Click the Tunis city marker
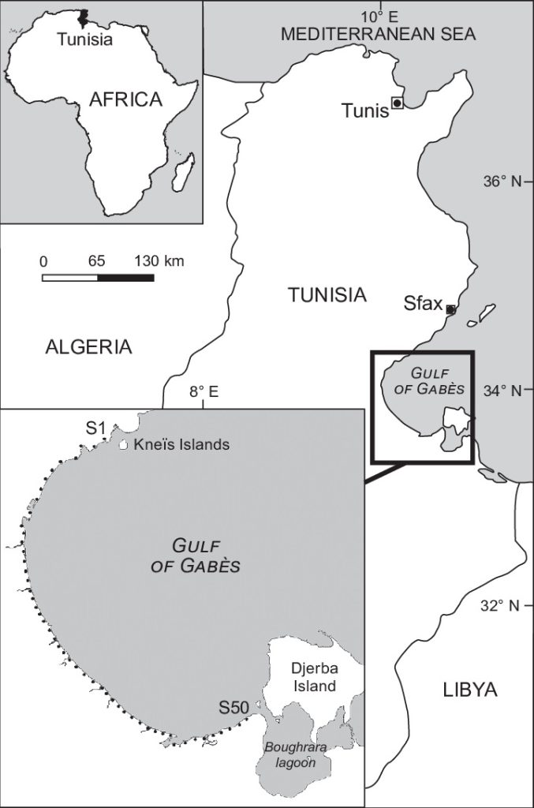click(397, 103)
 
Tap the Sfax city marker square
click(450, 309)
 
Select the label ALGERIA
click(88, 346)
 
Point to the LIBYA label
click(470, 690)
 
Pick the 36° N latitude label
click(502, 182)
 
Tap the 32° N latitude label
click(502, 606)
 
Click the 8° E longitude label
click(204, 391)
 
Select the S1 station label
click(95, 428)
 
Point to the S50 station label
click(234, 707)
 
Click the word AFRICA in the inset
click(125, 99)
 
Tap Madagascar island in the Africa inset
click(183, 173)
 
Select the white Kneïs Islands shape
click(123, 445)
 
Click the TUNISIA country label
click(327, 296)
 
